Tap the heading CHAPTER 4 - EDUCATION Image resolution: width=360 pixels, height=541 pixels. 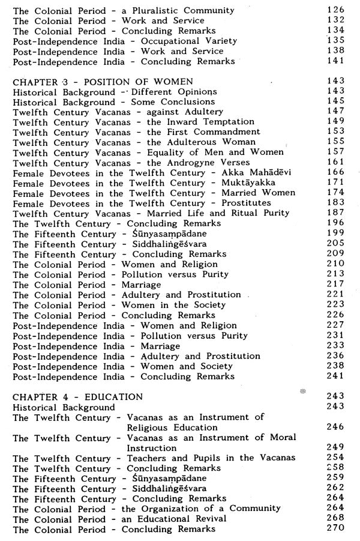[78, 397]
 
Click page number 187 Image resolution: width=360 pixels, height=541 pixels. [337, 213]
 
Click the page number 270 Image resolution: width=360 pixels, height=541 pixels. [337, 528]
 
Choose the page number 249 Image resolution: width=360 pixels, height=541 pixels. [337, 447]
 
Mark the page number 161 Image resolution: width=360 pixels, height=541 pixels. [337, 162]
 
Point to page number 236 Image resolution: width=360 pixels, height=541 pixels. [337, 356]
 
